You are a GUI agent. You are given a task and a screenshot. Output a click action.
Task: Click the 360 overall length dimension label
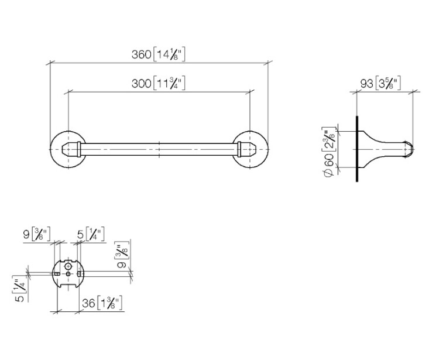pyautogui.click(x=159, y=54)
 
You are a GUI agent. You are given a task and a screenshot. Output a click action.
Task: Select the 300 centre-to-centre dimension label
pyautogui.click(x=159, y=83)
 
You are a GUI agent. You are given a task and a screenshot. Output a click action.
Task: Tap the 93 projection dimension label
pyautogui.click(x=380, y=83)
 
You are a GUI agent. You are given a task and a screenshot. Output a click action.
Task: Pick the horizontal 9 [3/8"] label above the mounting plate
pyautogui.click(x=37, y=234)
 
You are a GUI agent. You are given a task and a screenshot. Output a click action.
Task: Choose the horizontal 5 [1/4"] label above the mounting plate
pyautogui.click(x=91, y=234)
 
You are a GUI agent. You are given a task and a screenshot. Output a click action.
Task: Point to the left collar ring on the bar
pyautogui.click(x=79, y=149)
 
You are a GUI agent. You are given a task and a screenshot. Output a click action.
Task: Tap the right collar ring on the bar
pyautogui.click(x=239, y=149)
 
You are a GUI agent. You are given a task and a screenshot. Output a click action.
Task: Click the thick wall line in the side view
pyautogui.click(x=357, y=149)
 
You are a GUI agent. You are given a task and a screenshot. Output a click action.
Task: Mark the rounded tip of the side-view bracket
pyautogui.click(x=412, y=149)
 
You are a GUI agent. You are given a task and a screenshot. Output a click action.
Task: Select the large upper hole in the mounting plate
pyautogui.click(x=68, y=266)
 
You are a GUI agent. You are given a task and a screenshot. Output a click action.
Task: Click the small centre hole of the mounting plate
pyautogui.click(x=68, y=274)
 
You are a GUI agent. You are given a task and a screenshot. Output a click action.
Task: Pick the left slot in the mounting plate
pyautogui.click(x=57, y=274)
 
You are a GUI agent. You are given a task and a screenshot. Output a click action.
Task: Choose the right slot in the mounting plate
pyautogui.click(x=80, y=273)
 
